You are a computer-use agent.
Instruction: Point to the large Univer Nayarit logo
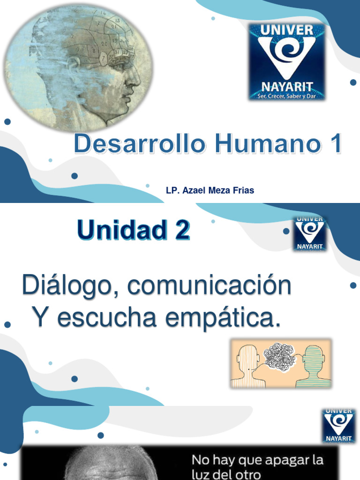[x=287, y=61]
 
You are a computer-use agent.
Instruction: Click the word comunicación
[x=209, y=286]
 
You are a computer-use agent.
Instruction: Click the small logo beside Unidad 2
[x=309, y=233]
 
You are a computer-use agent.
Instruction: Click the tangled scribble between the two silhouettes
[x=279, y=358]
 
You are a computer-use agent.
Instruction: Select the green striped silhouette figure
[x=313, y=367]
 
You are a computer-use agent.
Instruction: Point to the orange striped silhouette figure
[x=247, y=367]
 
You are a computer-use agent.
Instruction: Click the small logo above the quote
[x=338, y=426]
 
